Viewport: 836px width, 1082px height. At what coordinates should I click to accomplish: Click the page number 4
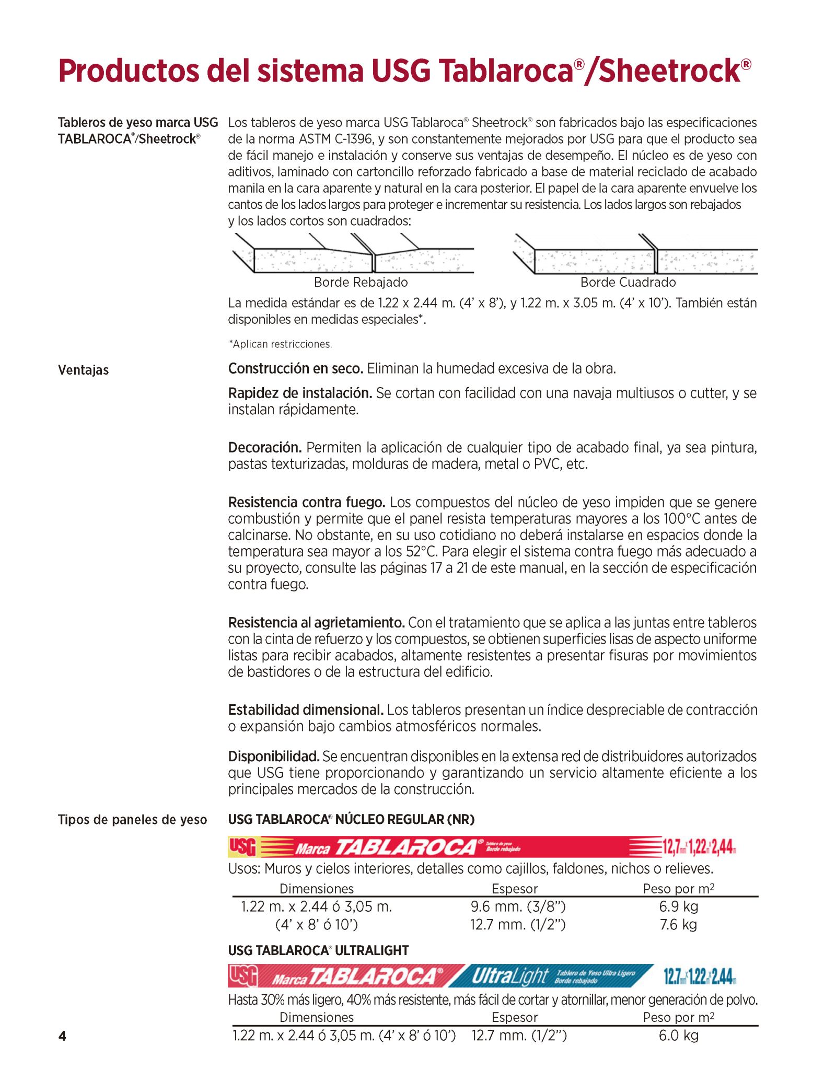[x=62, y=1036]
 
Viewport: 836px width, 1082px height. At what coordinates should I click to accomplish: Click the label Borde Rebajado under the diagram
[x=361, y=282]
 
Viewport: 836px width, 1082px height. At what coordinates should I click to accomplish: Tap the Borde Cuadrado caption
[x=628, y=282]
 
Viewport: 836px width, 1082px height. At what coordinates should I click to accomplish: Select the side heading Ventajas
[x=83, y=370]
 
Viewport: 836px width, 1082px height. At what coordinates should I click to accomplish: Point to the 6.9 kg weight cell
[x=678, y=906]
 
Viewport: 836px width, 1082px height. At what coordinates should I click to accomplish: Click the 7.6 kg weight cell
[x=678, y=924]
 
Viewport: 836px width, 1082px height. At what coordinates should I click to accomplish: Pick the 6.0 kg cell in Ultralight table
[x=678, y=1035]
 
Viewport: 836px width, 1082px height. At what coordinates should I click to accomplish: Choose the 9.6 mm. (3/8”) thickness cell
[x=518, y=906]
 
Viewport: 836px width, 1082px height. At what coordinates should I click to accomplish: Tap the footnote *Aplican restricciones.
[x=280, y=344]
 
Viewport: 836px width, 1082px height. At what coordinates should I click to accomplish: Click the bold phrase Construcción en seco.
[x=295, y=368]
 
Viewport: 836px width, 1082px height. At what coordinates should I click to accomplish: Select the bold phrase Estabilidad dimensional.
[x=306, y=709]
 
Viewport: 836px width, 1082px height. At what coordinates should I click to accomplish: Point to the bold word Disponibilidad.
[x=273, y=756]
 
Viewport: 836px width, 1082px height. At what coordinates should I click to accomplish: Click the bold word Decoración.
[x=265, y=447]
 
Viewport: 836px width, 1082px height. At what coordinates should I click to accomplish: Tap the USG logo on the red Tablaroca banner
[x=242, y=846]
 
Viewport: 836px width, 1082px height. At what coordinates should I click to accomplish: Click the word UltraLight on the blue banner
[x=509, y=975]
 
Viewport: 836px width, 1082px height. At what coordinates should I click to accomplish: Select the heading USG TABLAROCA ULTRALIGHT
[x=318, y=950]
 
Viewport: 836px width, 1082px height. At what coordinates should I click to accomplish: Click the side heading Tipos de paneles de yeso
[x=132, y=819]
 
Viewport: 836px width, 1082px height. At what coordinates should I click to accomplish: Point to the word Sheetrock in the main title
[x=669, y=71]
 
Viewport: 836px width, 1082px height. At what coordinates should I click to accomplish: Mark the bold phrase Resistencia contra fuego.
[x=306, y=502]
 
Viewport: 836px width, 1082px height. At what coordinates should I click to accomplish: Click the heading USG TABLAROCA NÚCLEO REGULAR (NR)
[x=351, y=819]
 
